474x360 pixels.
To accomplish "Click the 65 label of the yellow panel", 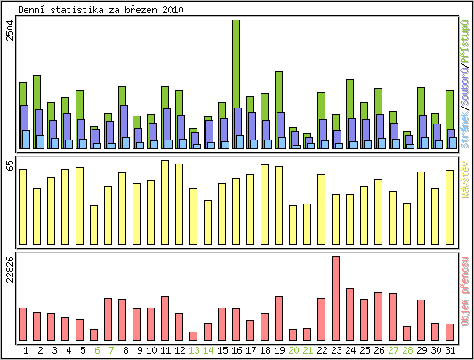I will pyautogui.click(x=10, y=165).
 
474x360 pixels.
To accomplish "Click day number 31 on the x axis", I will pyautogui.click(x=450, y=350).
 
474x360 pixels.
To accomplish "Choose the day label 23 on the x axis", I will pyautogui.click(x=336, y=350).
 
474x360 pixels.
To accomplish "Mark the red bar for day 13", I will pyautogui.click(x=194, y=336).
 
